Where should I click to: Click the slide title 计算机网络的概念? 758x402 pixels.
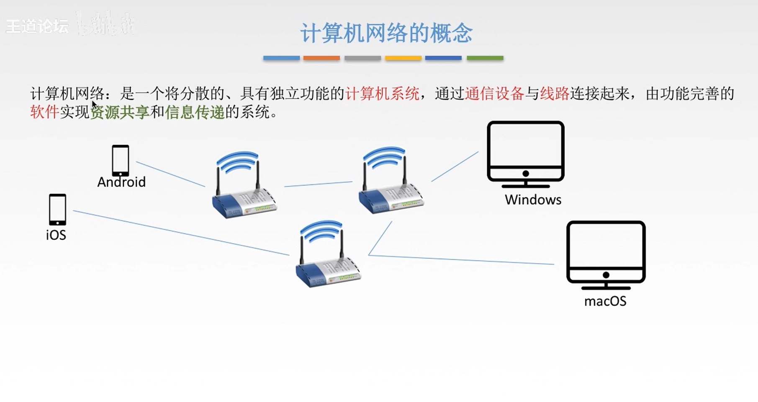[386, 33]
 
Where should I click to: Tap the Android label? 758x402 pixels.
[121, 182]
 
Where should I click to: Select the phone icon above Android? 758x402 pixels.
[121, 161]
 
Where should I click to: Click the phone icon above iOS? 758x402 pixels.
[57, 209]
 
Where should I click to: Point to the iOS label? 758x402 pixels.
[56, 235]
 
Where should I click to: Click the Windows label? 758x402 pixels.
[533, 200]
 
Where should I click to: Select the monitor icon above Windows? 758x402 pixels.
[526, 154]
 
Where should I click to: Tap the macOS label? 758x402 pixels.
[605, 301]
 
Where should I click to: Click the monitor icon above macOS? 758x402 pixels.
[606, 254]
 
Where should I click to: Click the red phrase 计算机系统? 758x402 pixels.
[382, 93]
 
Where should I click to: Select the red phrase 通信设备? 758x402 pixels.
[494, 93]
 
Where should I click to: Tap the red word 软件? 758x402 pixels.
[44, 112]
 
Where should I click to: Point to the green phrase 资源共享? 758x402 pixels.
[120, 112]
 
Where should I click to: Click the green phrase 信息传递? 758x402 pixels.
[195, 112]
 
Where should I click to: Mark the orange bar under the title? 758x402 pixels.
[321, 58]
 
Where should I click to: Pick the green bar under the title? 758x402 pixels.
[485, 58]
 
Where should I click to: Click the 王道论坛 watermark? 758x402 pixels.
[37, 26]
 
